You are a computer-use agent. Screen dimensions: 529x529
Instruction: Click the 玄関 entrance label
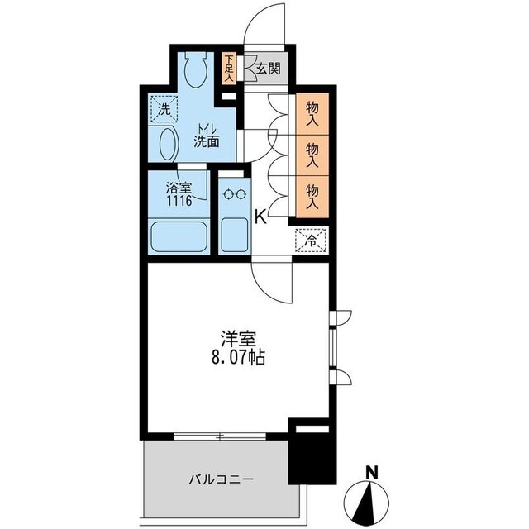[x=267, y=69]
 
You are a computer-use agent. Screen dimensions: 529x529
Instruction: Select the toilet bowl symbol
[x=197, y=70]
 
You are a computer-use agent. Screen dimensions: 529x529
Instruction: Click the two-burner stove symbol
[x=236, y=196]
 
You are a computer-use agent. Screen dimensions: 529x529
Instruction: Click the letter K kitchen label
[x=260, y=217]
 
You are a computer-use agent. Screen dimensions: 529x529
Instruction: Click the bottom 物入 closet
[x=313, y=195]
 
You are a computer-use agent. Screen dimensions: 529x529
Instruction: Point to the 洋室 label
[x=237, y=339]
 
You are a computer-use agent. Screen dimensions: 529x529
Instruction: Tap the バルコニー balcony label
[x=220, y=479]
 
